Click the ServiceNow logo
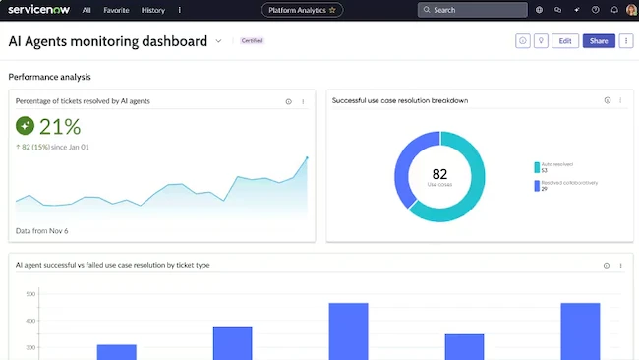tap(38, 10)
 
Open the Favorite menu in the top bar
tap(116, 10)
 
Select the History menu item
tap(153, 10)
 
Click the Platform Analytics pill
tap(302, 10)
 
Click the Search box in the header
tap(472, 10)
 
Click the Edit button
tap(564, 41)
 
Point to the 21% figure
tap(60, 126)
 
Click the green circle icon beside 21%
tap(25, 126)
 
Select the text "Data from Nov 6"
tap(42, 231)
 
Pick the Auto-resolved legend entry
tap(555, 167)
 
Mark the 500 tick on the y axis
tap(30, 294)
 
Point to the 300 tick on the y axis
tap(30, 347)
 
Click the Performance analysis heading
tap(49, 76)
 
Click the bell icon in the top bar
tap(614, 10)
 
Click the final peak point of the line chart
tap(307, 157)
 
